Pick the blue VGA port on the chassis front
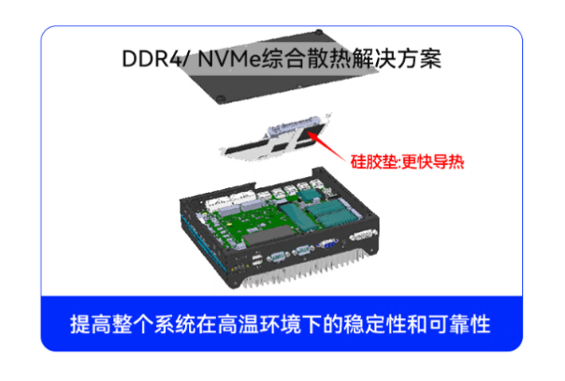(328, 248)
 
